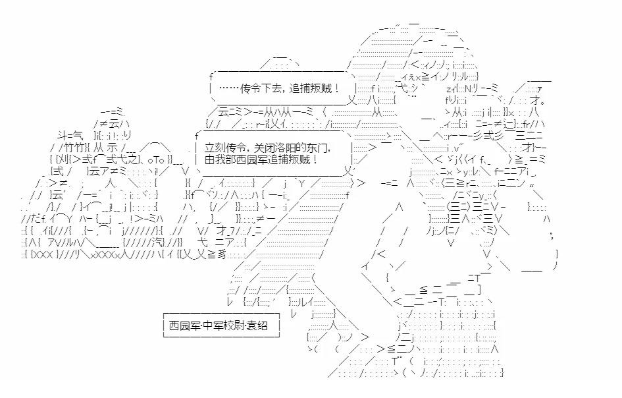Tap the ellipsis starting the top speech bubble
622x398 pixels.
pyautogui.click(x=228, y=88)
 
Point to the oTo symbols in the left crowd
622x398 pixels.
pyautogui.click(x=155, y=160)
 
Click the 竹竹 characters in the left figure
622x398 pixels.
pyautogui.click(x=74, y=148)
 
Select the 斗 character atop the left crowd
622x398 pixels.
pyautogui.click(x=63, y=136)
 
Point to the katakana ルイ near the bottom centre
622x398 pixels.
pyautogui.click(x=306, y=302)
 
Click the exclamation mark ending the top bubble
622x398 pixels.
pyautogui.click(x=337, y=88)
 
